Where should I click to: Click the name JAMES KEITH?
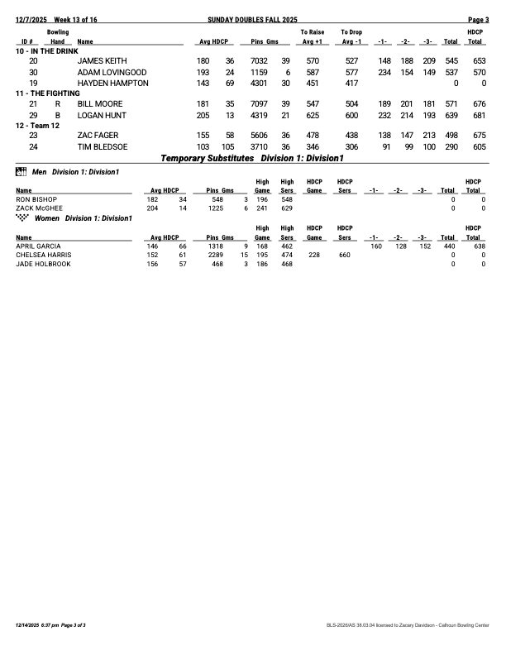click(102, 61)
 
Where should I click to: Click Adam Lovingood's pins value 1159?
click(259, 72)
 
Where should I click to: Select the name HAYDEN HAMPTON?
click(112, 83)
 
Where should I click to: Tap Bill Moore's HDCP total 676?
click(478, 104)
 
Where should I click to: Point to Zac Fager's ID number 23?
click(33, 136)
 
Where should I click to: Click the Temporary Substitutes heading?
click(207, 157)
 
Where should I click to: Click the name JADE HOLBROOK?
click(43, 265)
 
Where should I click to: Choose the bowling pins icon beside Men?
click(21, 171)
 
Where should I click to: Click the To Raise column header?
click(312, 31)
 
